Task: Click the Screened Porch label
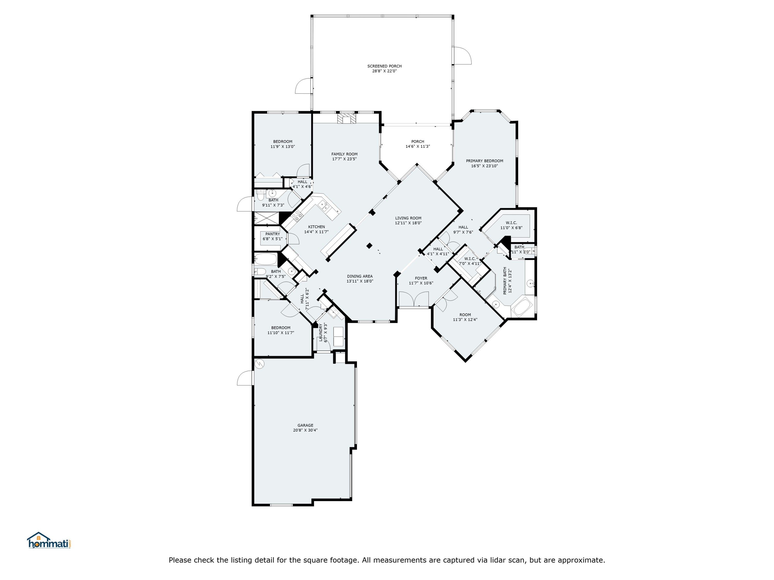(x=384, y=66)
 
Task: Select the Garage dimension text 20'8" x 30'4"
(x=305, y=430)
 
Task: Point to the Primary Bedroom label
(x=484, y=161)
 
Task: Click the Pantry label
(x=273, y=234)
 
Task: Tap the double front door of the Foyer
(x=414, y=300)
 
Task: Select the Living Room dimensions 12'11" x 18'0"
(x=408, y=223)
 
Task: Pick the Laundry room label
(x=320, y=333)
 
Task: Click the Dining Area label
(x=360, y=276)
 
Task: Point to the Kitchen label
(x=316, y=227)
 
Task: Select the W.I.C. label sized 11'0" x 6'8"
(x=511, y=223)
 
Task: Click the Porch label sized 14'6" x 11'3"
(x=417, y=142)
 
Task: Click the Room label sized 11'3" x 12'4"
(x=465, y=315)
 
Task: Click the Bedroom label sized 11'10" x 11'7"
(x=281, y=328)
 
